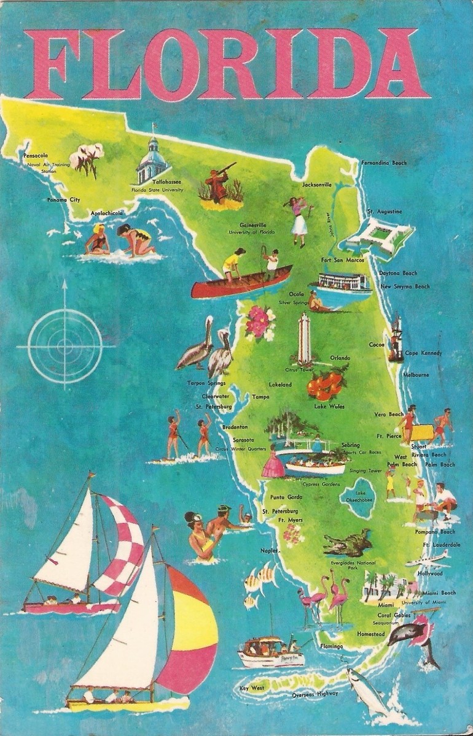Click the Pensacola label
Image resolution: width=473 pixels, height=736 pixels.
click(x=36, y=156)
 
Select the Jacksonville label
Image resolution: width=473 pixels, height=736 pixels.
click(x=317, y=184)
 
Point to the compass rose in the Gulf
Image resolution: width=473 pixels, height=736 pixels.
click(x=64, y=346)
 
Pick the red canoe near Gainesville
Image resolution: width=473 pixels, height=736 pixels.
click(x=241, y=283)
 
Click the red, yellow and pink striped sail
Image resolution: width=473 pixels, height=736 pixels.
click(x=187, y=632)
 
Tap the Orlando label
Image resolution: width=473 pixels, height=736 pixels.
click(x=340, y=358)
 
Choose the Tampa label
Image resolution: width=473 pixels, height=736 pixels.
click(x=260, y=397)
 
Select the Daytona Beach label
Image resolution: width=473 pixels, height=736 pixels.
click(x=397, y=273)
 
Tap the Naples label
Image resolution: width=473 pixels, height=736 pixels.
click(x=269, y=551)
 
